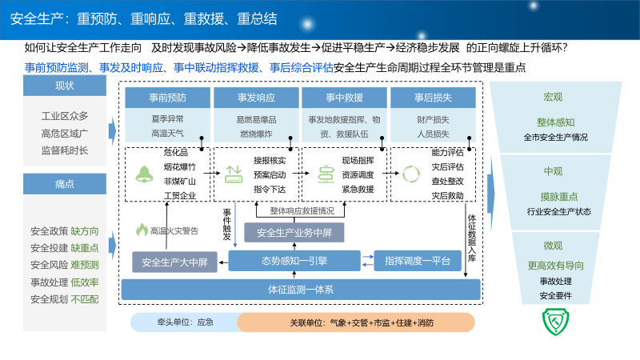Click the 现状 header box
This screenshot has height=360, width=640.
pyautogui.click(x=65, y=86)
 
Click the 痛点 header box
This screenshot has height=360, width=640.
pyautogui.click(x=65, y=184)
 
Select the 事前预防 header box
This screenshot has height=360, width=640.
pyautogui.click(x=166, y=98)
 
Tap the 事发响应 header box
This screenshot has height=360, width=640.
pyautogui.click(x=255, y=98)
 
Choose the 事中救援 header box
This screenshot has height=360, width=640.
pyautogui.click(x=344, y=98)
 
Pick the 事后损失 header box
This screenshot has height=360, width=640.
pyautogui.click(x=433, y=98)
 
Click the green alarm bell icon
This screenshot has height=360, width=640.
pyautogui.click(x=145, y=173)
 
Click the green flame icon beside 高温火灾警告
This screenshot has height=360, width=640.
pyautogui.click(x=142, y=230)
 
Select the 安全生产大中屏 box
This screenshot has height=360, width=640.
pyautogui.click(x=174, y=262)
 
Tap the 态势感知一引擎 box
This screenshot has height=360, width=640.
pyautogui.click(x=294, y=260)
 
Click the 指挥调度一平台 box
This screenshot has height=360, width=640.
pyautogui.click(x=416, y=260)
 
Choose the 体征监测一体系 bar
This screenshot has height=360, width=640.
pyautogui.click(x=301, y=290)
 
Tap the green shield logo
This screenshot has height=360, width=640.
pyautogui.click(x=554, y=320)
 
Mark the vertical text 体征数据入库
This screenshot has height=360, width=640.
pyautogui.click(x=472, y=233)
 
